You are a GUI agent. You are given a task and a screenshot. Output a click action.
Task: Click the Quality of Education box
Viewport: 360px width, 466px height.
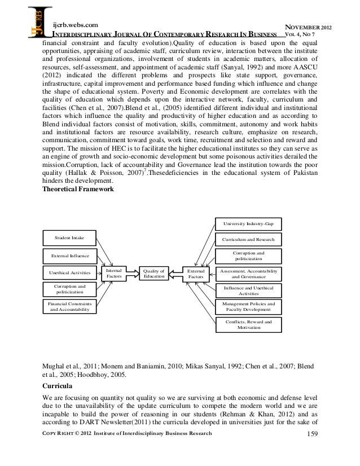154,274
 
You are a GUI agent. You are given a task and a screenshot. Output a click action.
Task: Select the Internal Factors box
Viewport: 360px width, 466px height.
113,274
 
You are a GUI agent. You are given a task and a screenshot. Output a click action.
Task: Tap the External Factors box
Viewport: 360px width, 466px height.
195,274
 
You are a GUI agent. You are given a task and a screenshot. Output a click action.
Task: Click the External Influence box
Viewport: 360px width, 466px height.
69,255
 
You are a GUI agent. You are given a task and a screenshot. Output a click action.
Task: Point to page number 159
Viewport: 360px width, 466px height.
311,449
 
